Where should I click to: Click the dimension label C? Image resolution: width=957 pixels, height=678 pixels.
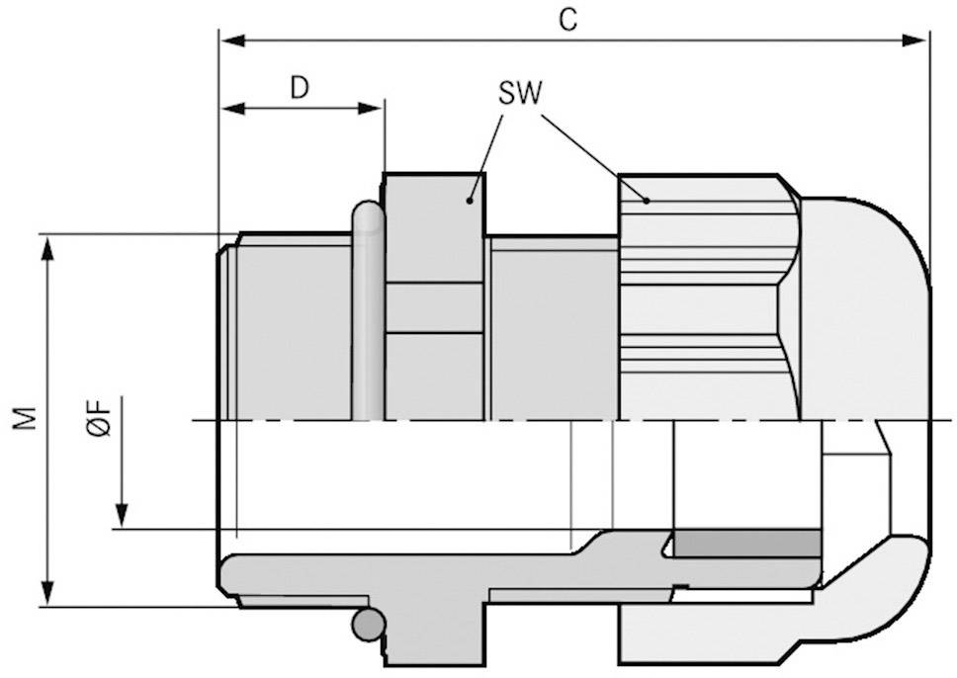point(567,20)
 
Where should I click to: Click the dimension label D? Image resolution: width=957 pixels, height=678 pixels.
point(299,87)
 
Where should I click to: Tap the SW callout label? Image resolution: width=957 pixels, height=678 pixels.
point(520,94)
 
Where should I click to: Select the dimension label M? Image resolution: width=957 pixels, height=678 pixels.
point(27,418)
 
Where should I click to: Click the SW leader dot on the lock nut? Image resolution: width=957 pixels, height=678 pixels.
point(472,201)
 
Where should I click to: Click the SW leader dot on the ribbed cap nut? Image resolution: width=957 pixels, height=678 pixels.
point(646,201)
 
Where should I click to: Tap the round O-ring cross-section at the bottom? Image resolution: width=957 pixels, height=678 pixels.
point(369,624)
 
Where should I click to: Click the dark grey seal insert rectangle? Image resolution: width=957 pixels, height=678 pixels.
point(746,543)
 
